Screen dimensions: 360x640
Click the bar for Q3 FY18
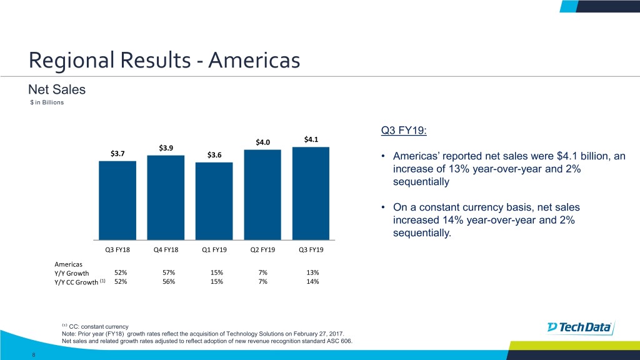coord(117,200)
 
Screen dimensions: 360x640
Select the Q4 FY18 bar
coord(166,197)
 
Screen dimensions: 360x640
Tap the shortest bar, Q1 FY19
coord(214,201)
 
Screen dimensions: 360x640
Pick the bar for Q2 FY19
coord(262,194)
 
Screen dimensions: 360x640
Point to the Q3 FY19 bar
coord(311,193)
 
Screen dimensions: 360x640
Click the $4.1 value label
coord(311,139)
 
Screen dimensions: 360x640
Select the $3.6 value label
coord(214,155)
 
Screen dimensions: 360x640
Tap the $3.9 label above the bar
coord(166,148)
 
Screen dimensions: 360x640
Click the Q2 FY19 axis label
coord(262,251)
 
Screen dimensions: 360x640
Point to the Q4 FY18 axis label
coord(166,251)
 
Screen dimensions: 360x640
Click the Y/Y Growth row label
coord(72,272)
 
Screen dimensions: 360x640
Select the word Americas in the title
coord(254,61)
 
